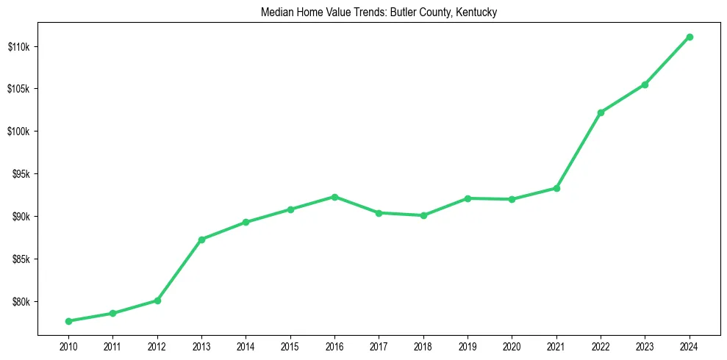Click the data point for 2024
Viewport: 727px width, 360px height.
[x=690, y=37]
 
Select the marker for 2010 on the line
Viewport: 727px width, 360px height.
[x=68, y=321]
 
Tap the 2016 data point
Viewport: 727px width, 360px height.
[x=334, y=197]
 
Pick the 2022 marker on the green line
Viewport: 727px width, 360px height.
[x=601, y=112]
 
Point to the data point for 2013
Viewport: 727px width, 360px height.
[x=201, y=240]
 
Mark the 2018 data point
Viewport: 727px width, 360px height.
[x=423, y=215]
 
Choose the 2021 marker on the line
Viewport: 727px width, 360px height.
[x=556, y=188]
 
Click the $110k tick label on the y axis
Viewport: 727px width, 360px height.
[x=18, y=47]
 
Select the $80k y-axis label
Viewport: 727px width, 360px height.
[x=20, y=302]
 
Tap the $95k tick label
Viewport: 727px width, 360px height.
[x=20, y=174]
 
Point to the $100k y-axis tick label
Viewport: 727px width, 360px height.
[x=18, y=132]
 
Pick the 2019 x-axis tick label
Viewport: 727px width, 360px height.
[x=468, y=345]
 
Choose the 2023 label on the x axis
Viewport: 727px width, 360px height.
[x=645, y=345]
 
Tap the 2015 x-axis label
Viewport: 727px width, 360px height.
[x=290, y=345]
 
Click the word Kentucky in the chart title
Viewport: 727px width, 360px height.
[x=478, y=13]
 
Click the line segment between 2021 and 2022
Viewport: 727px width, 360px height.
[x=579, y=151]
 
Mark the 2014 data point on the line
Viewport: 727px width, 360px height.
[x=246, y=222]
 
